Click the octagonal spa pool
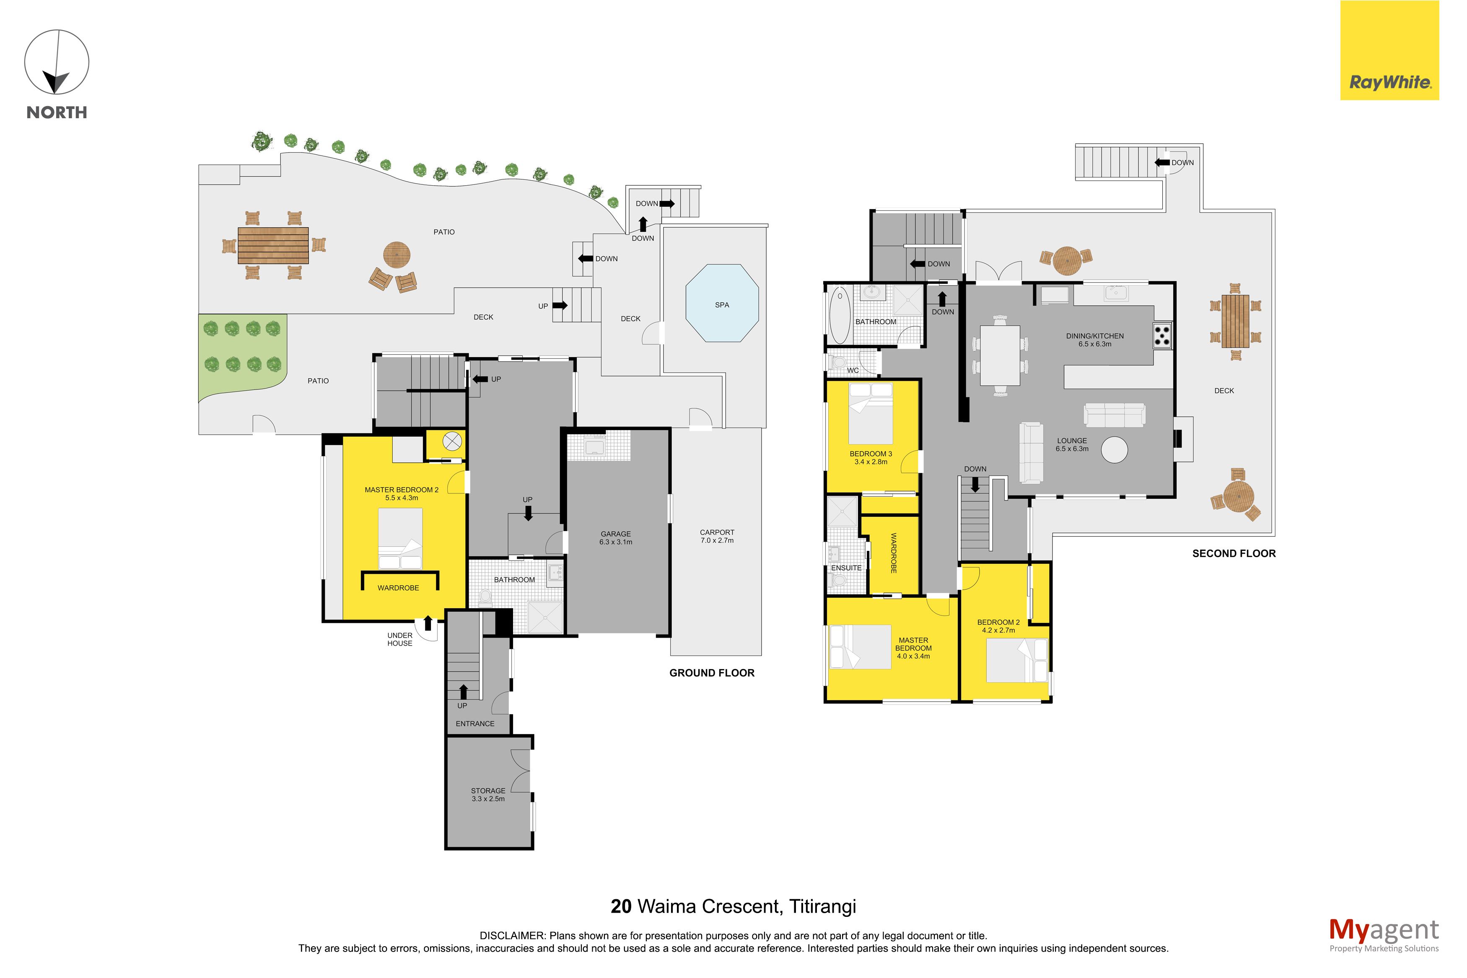721,303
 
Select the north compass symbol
57,62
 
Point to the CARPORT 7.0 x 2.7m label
717,537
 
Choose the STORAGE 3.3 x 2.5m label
488,795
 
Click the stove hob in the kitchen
1162,335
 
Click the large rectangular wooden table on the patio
273,245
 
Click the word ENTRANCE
475,724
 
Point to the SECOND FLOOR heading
1234,553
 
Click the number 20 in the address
621,906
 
